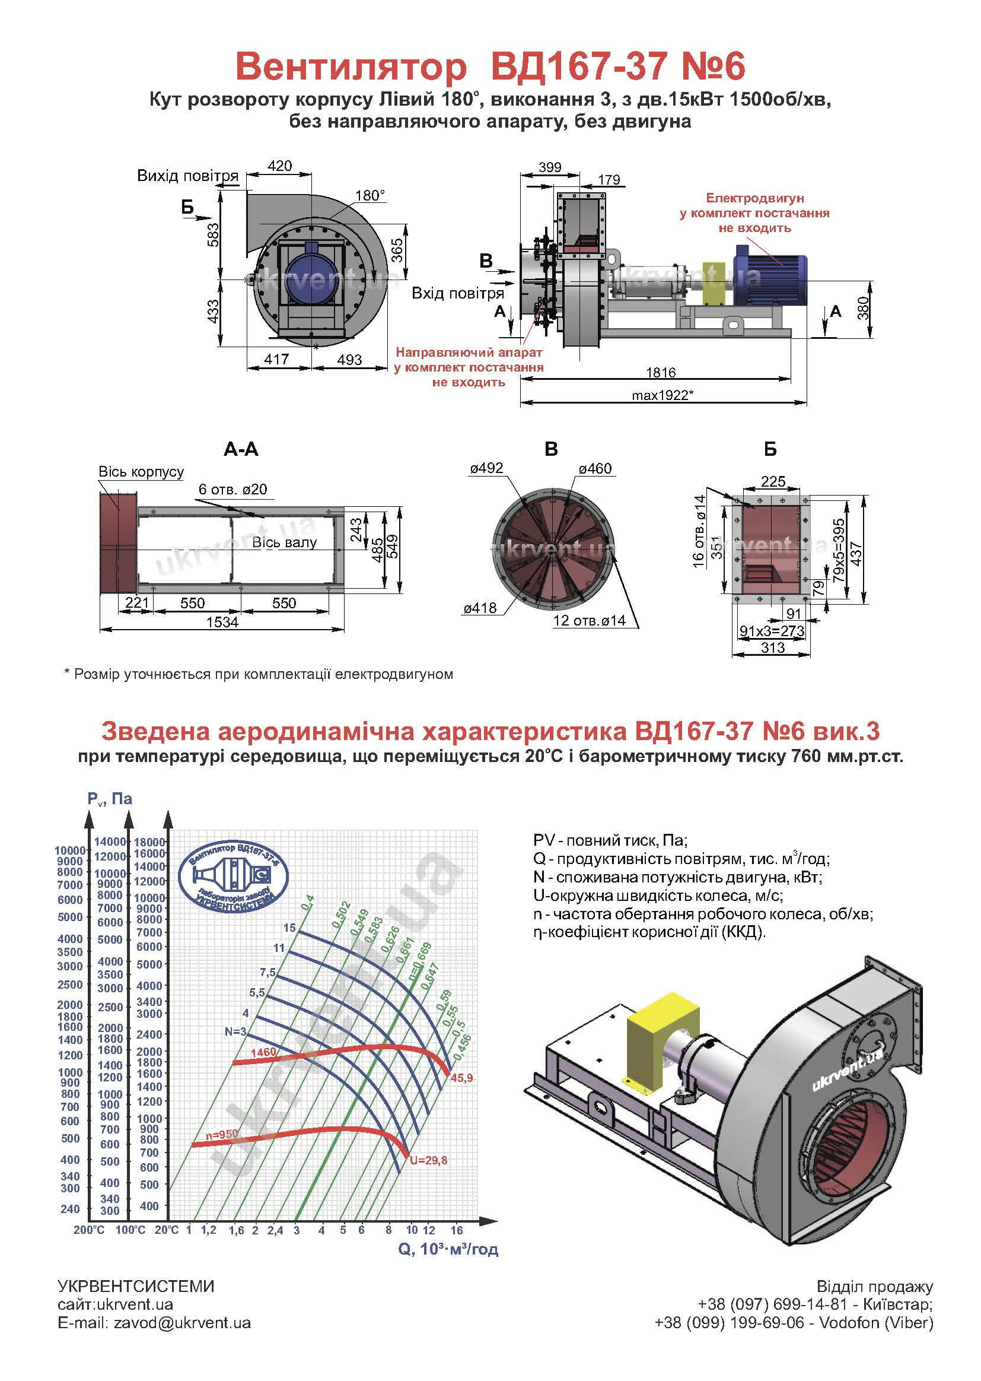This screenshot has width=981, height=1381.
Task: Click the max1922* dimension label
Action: pos(662,395)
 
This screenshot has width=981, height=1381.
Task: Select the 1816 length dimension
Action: pos(660,372)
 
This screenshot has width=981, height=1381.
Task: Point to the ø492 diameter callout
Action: pos(486,468)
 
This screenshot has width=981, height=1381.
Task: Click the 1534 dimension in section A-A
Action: pos(222,622)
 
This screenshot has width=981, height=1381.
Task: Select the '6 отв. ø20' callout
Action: pos(232,489)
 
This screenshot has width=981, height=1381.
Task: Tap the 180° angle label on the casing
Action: pos(370,195)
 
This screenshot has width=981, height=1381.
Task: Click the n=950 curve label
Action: pos(221,1135)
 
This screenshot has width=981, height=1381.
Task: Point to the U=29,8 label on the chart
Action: pos(428,1160)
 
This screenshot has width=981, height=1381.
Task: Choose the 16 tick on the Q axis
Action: pos(456,1230)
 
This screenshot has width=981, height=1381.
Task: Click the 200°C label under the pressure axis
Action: pos(89,1230)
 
